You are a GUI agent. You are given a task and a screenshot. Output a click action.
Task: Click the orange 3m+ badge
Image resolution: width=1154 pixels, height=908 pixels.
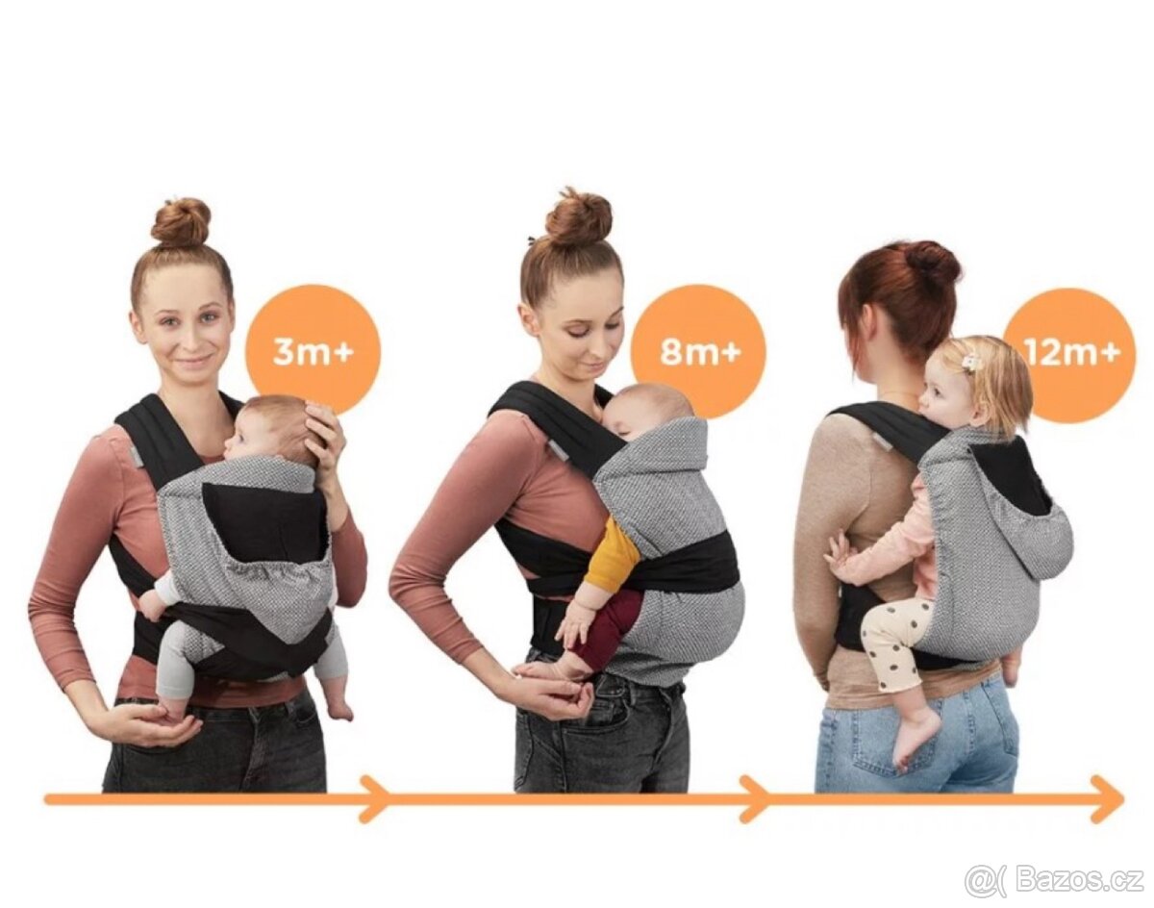313,352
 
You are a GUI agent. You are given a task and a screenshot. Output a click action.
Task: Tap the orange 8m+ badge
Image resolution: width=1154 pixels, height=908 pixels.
698,351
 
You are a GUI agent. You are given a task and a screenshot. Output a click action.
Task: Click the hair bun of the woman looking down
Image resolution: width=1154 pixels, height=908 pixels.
578,220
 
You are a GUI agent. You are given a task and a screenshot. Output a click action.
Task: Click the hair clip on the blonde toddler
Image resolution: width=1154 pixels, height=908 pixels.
968,362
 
